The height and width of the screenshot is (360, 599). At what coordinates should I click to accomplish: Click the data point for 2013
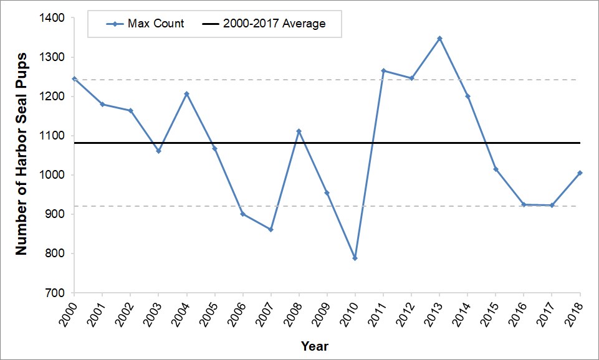tap(439, 39)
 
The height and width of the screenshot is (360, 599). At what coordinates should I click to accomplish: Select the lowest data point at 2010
tap(355, 258)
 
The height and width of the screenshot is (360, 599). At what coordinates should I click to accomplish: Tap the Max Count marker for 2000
tap(74, 78)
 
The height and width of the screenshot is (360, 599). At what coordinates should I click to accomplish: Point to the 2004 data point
tap(186, 94)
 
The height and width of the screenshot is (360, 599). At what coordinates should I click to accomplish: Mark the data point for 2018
tap(580, 173)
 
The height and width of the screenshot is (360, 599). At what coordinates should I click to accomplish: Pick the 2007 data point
tap(271, 229)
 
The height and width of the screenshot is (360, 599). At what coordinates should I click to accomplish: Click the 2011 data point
tap(383, 70)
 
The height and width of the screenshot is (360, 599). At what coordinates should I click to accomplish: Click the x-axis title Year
tap(315, 346)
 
